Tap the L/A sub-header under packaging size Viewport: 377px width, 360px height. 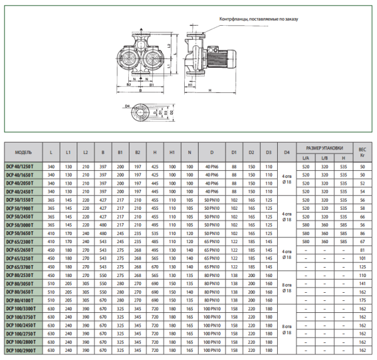click(x=305, y=158)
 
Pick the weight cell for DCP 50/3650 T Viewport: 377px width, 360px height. click(x=362, y=232)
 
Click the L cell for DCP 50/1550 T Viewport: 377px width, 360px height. click(x=52, y=199)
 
